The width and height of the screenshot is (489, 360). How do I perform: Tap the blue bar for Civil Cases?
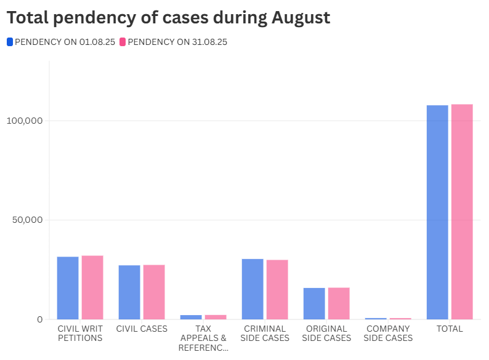tap(129, 292)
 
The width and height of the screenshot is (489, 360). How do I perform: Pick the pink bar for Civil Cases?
tap(154, 292)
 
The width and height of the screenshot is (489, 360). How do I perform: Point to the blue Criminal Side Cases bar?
tap(253, 289)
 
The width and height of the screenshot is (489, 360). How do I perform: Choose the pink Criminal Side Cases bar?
tap(277, 290)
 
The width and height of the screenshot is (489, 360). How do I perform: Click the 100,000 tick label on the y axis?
tap(24, 121)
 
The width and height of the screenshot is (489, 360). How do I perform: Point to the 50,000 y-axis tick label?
tap(26, 220)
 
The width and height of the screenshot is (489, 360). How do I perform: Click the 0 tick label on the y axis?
tap(39, 319)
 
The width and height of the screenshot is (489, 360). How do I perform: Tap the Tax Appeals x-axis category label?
tap(203, 338)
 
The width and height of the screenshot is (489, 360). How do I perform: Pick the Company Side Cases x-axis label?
tap(388, 333)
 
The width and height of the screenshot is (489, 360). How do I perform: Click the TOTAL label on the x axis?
tap(450, 329)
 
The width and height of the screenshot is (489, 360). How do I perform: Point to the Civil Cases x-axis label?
tap(142, 329)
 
